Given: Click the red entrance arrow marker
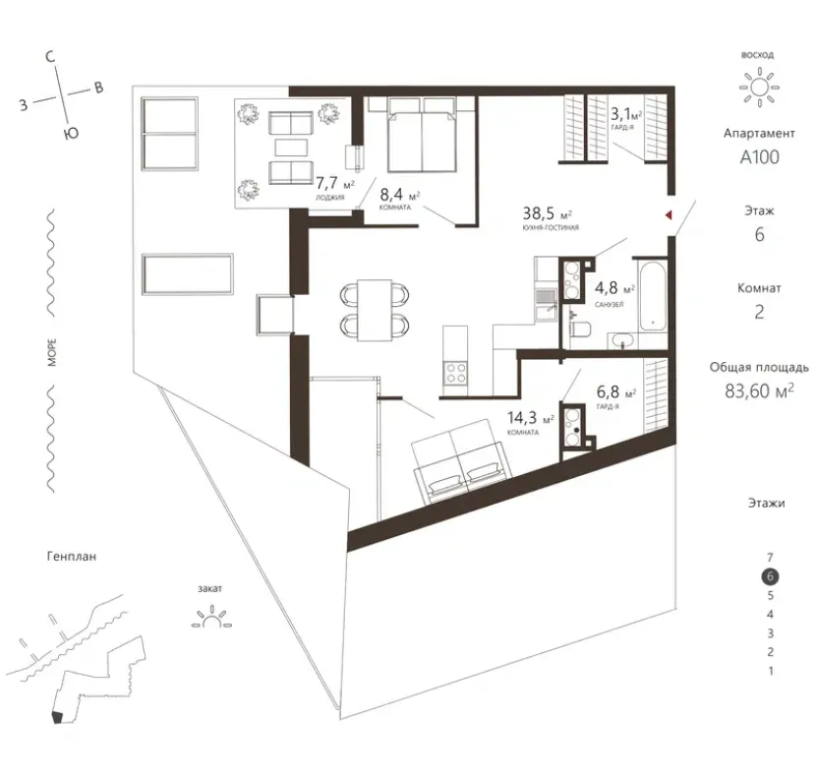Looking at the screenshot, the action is (669, 215).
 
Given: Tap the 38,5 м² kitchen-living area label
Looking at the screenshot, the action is (548, 213).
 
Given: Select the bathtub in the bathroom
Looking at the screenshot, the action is (653, 296).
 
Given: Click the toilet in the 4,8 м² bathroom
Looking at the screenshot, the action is (580, 330).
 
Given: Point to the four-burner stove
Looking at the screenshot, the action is (456, 373).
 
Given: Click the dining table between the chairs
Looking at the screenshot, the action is (375, 311).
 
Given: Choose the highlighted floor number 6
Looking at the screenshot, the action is (771, 576).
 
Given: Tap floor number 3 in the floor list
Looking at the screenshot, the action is (771, 633).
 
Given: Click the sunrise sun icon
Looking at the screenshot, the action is (759, 87).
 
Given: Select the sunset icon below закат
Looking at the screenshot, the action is (211, 617).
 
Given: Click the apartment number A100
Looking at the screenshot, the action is (760, 156).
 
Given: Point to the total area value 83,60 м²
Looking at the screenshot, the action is (759, 390).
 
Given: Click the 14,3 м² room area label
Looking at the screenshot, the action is (531, 418).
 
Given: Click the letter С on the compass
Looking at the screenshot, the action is (50, 56).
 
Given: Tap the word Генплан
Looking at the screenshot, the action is (72, 556).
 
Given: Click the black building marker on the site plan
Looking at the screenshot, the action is (57, 717).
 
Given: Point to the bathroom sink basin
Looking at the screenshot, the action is (623, 341).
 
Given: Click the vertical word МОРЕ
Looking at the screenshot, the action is (52, 352).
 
